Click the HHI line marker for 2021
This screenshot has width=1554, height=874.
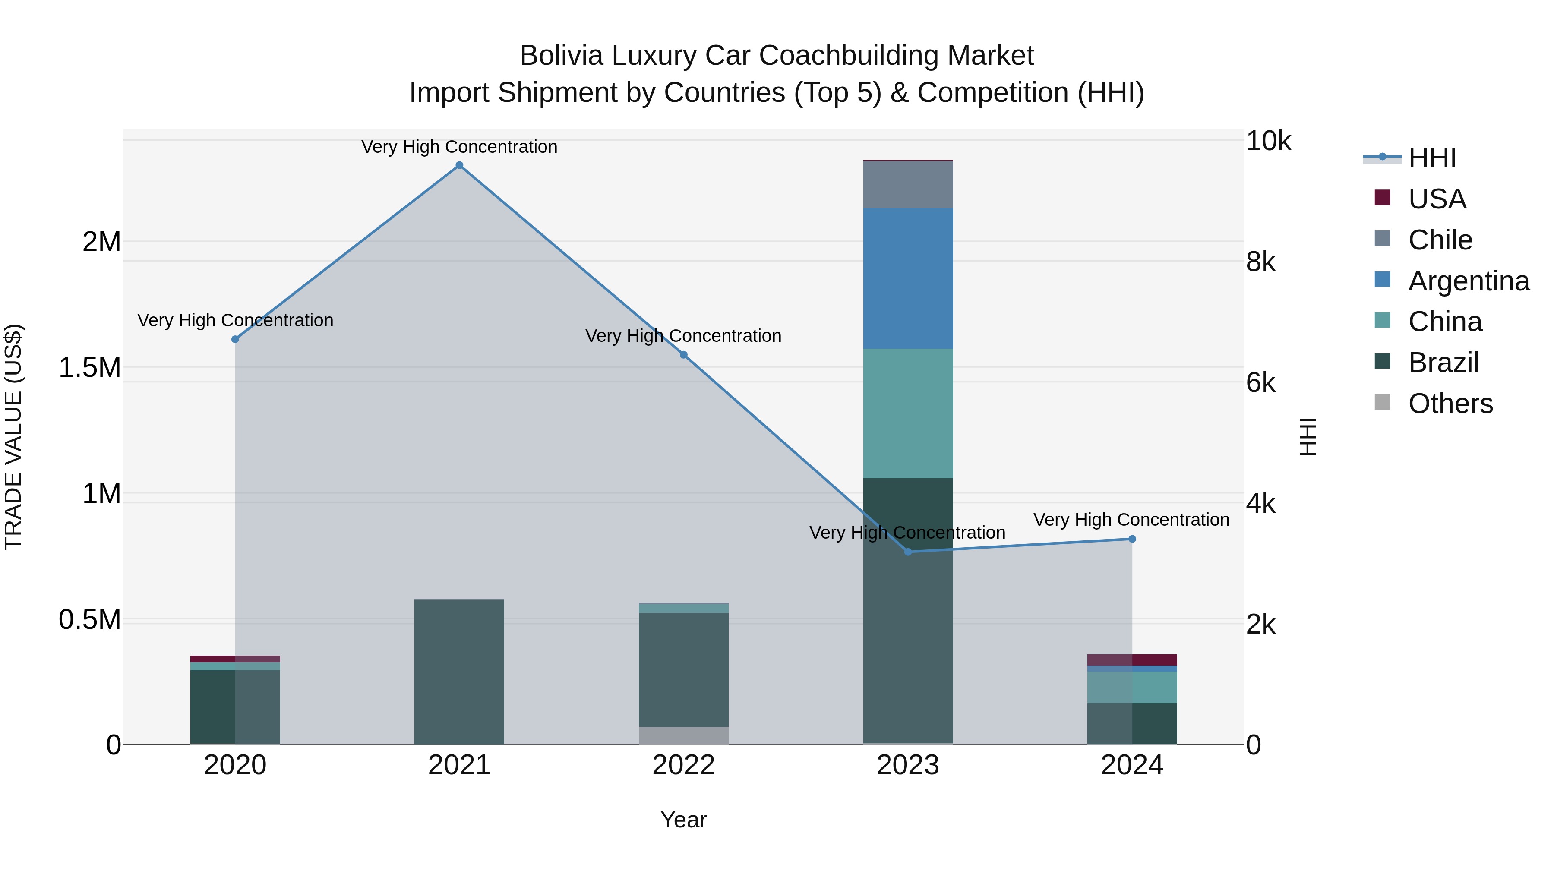pyautogui.click(x=459, y=165)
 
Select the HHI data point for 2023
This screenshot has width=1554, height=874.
pyautogui.click(x=908, y=552)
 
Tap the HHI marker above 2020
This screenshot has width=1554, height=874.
pyautogui.click(x=235, y=340)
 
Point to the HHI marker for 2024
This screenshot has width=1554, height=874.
pyautogui.click(x=1132, y=539)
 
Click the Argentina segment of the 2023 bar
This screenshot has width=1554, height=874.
pyautogui.click(x=908, y=279)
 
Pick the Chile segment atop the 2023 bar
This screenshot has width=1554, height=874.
pyautogui.click(x=908, y=185)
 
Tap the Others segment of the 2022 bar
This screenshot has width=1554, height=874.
pyautogui.click(x=683, y=735)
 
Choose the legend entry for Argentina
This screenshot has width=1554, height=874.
pyautogui.click(x=1469, y=281)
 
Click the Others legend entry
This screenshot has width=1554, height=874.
pyautogui.click(x=1450, y=404)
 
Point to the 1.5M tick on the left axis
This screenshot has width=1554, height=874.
pyautogui.click(x=90, y=367)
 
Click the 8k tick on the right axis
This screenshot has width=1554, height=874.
pyautogui.click(x=1261, y=262)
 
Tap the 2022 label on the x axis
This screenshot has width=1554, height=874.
pyautogui.click(x=683, y=765)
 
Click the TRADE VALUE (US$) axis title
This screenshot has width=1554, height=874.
pyautogui.click(x=13, y=437)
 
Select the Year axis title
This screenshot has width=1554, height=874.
pyautogui.click(x=683, y=820)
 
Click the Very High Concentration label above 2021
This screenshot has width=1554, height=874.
pyautogui.click(x=459, y=147)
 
